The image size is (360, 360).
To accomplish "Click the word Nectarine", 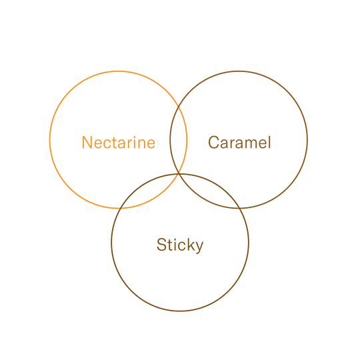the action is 119,143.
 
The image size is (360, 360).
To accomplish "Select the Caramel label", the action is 239,143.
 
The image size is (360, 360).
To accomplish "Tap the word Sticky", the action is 180,245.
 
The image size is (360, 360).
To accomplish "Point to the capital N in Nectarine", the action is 87,143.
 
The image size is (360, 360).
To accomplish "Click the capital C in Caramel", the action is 214,143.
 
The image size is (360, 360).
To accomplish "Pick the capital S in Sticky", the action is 161,245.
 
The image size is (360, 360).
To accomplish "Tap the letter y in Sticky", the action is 199,247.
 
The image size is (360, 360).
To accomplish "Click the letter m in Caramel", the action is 251,144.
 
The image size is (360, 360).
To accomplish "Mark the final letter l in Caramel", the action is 269,143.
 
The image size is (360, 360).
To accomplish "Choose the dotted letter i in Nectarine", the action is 135,143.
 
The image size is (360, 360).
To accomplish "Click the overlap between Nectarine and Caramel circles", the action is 179,139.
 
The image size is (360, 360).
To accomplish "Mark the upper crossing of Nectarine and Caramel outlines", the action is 179,106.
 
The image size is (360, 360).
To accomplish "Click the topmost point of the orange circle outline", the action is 119,71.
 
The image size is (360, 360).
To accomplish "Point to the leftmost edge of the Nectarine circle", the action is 50,139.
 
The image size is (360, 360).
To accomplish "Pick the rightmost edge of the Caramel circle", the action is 307,139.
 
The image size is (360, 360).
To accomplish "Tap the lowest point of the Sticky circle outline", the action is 180,311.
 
